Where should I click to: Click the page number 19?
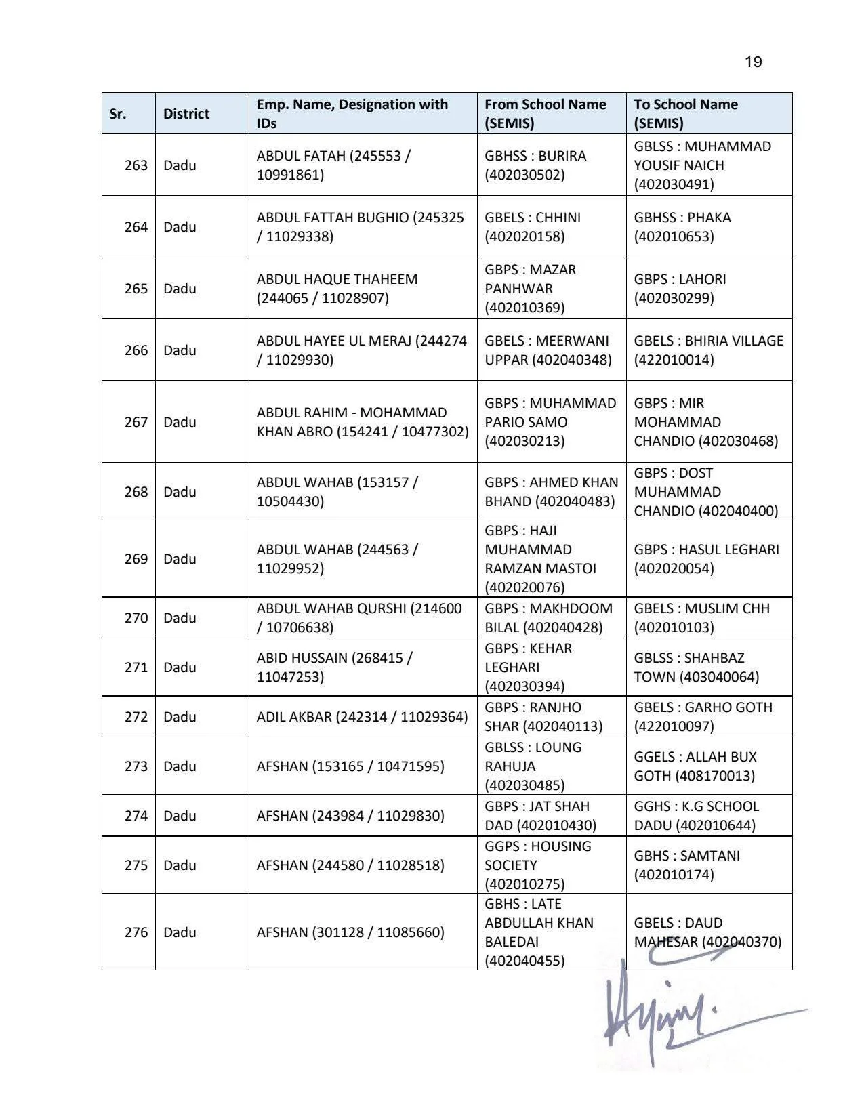coord(753,62)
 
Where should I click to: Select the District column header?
coord(186,114)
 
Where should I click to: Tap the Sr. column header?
coord(118,114)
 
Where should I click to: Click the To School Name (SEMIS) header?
coord(686,114)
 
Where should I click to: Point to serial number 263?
coord(136,165)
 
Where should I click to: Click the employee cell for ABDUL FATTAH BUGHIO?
coord(360,227)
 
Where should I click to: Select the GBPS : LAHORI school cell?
coord(680,289)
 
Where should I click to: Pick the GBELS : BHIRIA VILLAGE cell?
coord(708,350)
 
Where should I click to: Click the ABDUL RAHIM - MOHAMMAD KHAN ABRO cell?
coord(362,422)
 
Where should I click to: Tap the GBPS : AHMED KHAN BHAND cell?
coord(551,492)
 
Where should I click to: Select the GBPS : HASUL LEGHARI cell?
coord(706,559)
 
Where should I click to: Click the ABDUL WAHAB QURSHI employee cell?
coord(358,618)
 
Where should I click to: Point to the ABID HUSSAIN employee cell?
coord(334,667)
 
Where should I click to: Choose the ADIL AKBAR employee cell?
coord(362,717)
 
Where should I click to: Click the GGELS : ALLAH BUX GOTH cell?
coord(695,766)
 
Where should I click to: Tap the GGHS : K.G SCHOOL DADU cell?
coord(696,816)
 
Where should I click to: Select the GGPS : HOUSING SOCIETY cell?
coord(538,865)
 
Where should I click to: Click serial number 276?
coord(136,932)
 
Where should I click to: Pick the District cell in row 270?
coord(180,618)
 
